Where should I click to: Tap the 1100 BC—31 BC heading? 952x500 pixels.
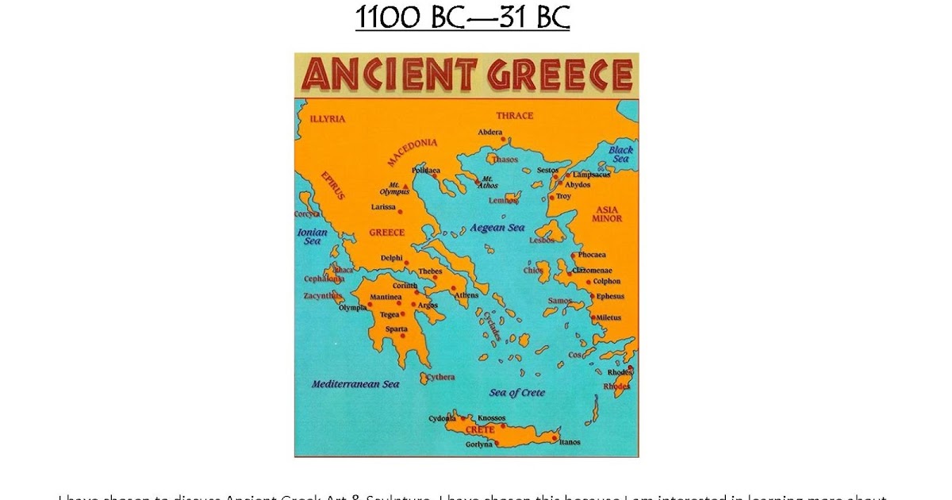tap(462, 17)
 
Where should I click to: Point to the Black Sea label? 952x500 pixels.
tap(620, 154)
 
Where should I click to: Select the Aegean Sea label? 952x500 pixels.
tap(497, 228)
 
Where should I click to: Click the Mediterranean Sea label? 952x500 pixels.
tap(355, 384)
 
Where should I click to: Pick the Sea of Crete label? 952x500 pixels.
tap(517, 393)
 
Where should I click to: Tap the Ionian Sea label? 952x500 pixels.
tap(312, 237)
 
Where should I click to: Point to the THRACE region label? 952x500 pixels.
tap(514, 116)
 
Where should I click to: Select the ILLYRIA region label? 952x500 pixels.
tap(328, 119)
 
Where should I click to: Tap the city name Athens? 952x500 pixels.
tap(466, 296)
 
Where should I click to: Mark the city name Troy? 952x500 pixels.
tap(563, 196)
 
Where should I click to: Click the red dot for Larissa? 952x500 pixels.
tap(400, 211)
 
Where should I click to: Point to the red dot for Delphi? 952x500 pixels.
tap(406, 263)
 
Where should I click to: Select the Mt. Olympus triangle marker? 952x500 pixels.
tap(405, 186)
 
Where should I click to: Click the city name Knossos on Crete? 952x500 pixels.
tap(492, 418)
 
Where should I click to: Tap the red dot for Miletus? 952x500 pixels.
tap(593, 317)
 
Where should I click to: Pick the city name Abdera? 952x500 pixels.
tap(490, 133)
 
